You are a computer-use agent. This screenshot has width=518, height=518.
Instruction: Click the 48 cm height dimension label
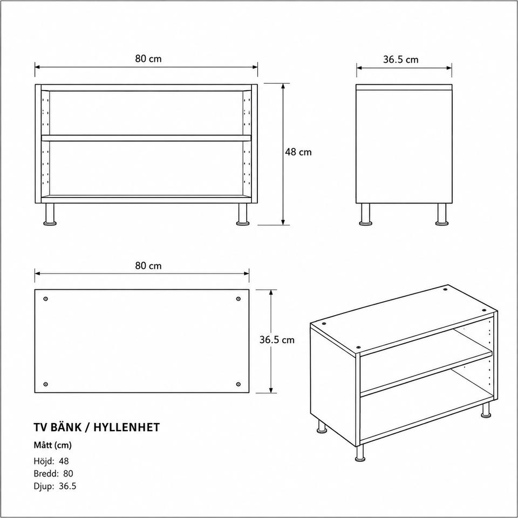pos(298,152)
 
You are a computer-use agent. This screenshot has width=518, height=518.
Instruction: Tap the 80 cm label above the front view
pos(148,59)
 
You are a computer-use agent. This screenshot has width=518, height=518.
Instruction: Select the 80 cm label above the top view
pos(148,266)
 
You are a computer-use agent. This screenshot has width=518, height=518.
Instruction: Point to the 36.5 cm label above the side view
pos(401,60)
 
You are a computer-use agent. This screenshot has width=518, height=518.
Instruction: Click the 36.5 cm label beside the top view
pos(277,340)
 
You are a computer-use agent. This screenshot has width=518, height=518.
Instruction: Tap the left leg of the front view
pos(50,214)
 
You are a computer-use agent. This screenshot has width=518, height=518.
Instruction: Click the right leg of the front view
pos(243,214)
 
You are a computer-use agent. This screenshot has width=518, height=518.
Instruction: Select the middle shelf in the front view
pos(146,138)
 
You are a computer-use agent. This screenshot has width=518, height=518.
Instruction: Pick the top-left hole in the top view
pos(45,299)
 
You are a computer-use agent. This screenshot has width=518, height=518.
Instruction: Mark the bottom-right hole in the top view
pos(238,384)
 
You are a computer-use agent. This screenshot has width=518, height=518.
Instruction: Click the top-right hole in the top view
pos(238,299)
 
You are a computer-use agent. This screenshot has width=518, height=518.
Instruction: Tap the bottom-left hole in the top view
pos(45,384)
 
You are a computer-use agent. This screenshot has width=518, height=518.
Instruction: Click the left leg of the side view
pos(365,214)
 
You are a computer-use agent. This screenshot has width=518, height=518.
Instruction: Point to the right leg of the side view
pos(442,214)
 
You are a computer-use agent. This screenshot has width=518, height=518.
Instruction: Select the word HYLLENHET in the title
pos(126,427)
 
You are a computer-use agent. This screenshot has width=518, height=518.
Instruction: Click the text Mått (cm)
pos(52,445)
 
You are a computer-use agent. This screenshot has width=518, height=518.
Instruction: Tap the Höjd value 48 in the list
pos(64,461)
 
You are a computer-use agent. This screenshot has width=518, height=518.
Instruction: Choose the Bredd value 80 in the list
pos(68,473)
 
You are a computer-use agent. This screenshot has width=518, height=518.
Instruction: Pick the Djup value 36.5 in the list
pos(68,486)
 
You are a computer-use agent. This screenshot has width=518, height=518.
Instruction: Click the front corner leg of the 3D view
pos(360,452)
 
